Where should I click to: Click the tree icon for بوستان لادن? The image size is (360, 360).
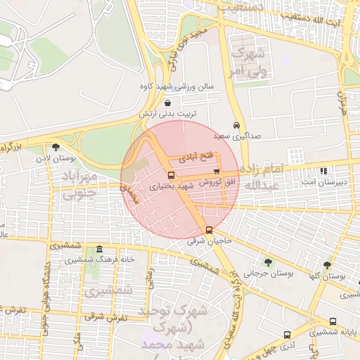tap(56, 147)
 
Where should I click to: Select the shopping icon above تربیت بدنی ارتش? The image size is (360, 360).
tap(167, 103)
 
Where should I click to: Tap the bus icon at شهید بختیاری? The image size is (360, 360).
tap(171, 175)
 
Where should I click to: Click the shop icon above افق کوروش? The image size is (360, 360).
tap(216, 171)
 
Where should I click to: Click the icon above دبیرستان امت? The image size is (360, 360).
tap(323, 171)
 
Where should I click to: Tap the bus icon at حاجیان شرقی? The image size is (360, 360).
tap(208, 230)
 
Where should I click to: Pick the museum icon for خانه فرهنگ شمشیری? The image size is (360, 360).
tap(99, 250)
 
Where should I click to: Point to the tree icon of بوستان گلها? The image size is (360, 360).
tap(327, 266)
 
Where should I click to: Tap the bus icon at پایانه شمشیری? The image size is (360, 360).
tap(333, 322)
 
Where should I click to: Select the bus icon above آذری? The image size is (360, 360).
tap(286, 335)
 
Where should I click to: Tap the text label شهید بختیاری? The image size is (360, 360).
tap(172, 186)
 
